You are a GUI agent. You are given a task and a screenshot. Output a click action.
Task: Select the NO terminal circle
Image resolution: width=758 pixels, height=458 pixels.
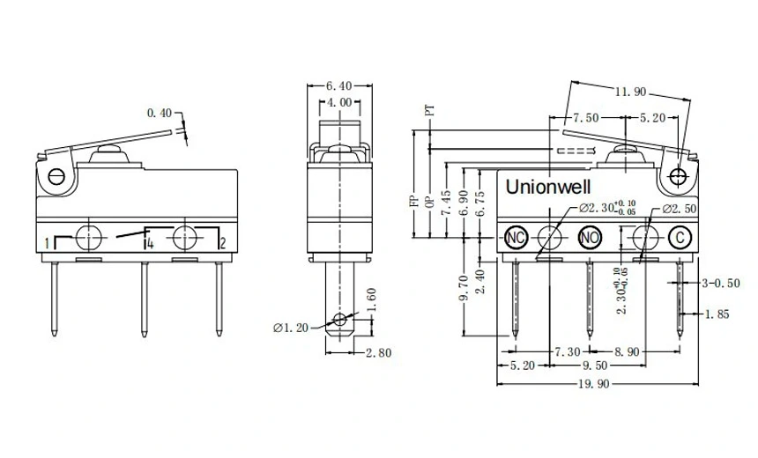(x=590, y=237)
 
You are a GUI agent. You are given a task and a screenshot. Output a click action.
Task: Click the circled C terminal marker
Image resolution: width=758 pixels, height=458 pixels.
(x=679, y=237)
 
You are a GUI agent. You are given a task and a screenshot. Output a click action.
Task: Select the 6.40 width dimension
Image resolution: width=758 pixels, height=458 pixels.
(x=339, y=86)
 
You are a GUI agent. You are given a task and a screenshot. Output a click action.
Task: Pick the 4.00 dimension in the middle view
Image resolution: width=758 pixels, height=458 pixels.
(x=339, y=103)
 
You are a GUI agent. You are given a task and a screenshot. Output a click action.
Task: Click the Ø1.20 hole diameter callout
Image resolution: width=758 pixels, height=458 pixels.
(x=290, y=329)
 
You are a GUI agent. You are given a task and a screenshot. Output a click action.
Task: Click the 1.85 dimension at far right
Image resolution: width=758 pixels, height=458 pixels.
(x=717, y=314)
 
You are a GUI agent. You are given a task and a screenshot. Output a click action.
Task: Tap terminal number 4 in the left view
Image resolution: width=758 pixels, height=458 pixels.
(x=151, y=243)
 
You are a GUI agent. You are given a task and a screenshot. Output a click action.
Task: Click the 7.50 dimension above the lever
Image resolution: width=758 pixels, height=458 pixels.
(x=586, y=117)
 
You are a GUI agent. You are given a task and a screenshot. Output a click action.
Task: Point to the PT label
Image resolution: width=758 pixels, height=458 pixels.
(x=430, y=111)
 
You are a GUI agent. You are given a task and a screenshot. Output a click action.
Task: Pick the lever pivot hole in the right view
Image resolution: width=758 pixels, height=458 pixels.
(x=678, y=176)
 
